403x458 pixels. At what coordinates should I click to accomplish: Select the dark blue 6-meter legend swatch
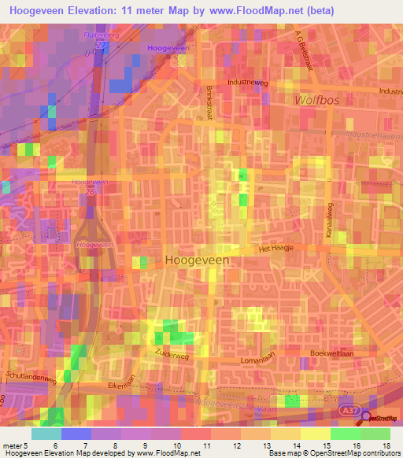pos(76,434)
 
